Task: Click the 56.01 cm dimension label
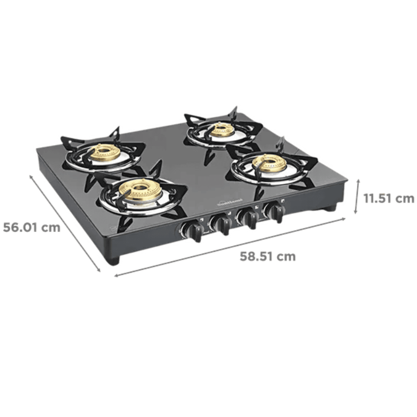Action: click(x=32, y=228)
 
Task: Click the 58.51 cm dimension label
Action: click(x=267, y=256)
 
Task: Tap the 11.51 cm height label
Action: click(x=388, y=198)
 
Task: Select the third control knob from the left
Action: click(x=249, y=219)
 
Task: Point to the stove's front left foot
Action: click(x=113, y=260)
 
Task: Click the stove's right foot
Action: click(x=331, y=207)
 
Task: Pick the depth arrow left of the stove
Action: click(x=65, y=223)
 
